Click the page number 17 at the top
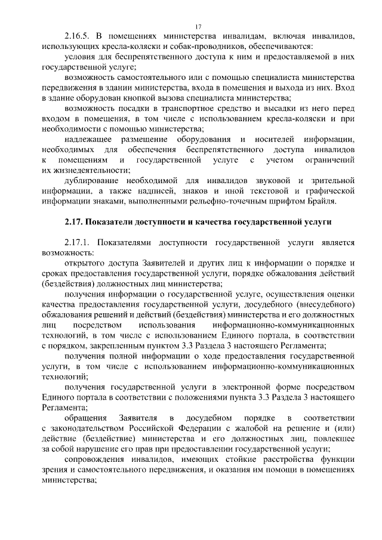pos(199,26)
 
